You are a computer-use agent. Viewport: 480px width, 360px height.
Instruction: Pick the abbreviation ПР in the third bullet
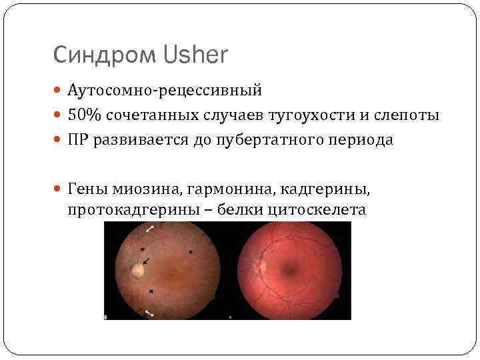[76, 141]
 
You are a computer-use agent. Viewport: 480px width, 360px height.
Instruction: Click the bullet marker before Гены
[58, 191]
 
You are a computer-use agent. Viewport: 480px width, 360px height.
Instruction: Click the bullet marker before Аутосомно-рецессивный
[58, 90]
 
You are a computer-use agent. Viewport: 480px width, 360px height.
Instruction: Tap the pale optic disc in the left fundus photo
[138, 270]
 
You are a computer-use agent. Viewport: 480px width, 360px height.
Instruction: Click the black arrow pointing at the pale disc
[146, 260]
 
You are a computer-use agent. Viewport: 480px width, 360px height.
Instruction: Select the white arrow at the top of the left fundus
[151, 229]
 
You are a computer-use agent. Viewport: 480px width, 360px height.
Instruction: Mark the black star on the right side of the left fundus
[191, 252]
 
